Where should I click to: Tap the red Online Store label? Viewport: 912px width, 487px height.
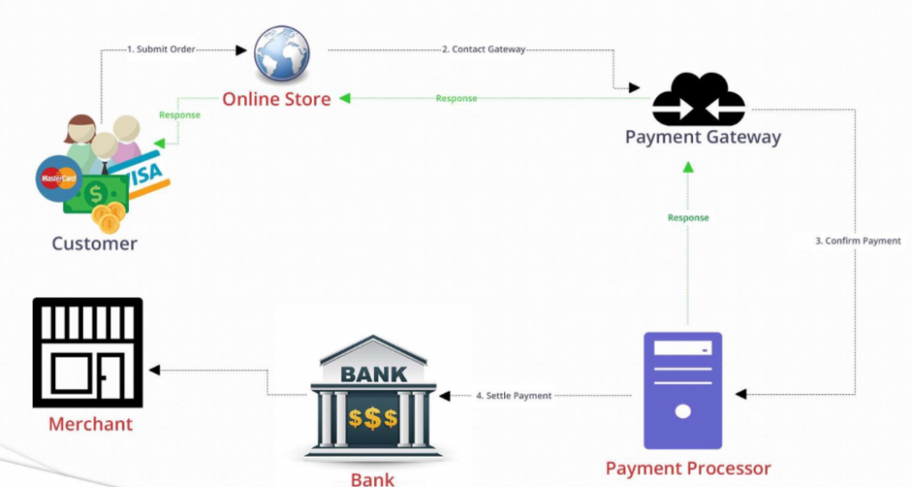coord(276,99)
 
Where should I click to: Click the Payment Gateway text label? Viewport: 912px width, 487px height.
coord(703,137)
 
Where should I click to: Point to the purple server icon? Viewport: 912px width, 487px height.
coord(683,390)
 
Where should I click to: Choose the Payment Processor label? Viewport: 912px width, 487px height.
coord(688,467)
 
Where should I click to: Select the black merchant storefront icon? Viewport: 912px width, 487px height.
coord(87,352)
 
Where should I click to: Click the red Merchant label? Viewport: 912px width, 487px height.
coord(91,424)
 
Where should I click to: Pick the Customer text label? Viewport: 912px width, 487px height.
coord(94,243)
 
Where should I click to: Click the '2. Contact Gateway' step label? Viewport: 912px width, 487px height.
coord(484,50)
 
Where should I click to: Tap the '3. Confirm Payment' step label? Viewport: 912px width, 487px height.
coord(858,241)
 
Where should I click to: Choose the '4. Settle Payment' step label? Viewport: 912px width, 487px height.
coord(514,395)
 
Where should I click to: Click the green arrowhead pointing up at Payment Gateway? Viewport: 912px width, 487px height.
coord(688,166)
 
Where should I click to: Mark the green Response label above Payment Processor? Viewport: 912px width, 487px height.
coord(688,217)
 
